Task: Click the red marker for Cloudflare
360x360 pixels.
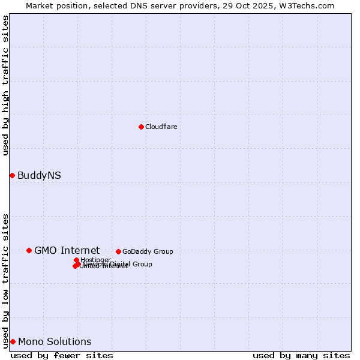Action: pyautogui.click(x=141, y=127)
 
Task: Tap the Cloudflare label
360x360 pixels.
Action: pyautogui.click(x=161, y=127)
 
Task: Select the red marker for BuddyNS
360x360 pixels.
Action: pyautogui.click(x=12, y=175)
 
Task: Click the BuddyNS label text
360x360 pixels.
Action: pyautogui.click(x=39, y=176)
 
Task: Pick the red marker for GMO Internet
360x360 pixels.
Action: pyautogui.click(x=29, y=250)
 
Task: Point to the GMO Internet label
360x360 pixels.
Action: pyautogui.click(x=67, y=250)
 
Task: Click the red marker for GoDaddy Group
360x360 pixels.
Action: pyautogui.click(x=118, y=251)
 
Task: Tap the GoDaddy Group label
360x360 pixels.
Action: pyautogui.click(x=148, y=251)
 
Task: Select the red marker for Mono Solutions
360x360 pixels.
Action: pyautogui.click(x=13, y=341)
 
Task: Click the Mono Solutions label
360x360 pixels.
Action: pyautogui.click(x=55, y=341)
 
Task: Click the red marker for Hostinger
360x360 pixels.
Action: pyautogui.click(x=76, y=260)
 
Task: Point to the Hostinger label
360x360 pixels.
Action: pyautogui.click(x=95, y=260)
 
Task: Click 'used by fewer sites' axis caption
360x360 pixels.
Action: pyautogui.click(x=62, y=355)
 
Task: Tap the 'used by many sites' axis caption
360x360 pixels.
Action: pyautogui.click(x=301, y=355)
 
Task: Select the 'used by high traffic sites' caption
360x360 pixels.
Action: pyautogui.click(x=5, y=85)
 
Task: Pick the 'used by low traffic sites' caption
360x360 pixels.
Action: pyautogui.click(x=5, y=280)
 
